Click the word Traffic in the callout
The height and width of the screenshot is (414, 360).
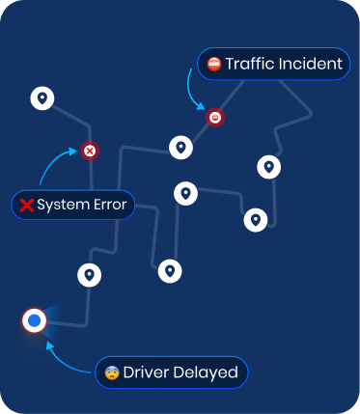click(x=249, y=65)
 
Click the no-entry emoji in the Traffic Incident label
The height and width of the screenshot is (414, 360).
click(x=214, y=65)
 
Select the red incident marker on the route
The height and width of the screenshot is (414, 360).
click(x=214, y=117)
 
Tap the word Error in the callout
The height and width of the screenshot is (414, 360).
click(x=109, y=205)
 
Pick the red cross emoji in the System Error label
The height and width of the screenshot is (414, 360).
click(x=27, y=205)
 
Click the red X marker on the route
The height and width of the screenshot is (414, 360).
click(x=90, y=151)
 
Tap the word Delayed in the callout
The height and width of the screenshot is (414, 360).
click(x=206, y=373)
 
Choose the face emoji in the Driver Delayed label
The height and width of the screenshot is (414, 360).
click(x=112, y=373)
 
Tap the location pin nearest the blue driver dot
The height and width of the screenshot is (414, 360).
click(x=90, y=275)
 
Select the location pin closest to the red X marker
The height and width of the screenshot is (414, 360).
click(x=42, y=97)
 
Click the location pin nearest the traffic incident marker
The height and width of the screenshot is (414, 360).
click(x=180, y=148)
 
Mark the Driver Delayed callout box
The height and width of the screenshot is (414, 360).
click(x=172, y=373)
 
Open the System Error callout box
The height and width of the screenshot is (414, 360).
click(x=72, y=205)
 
